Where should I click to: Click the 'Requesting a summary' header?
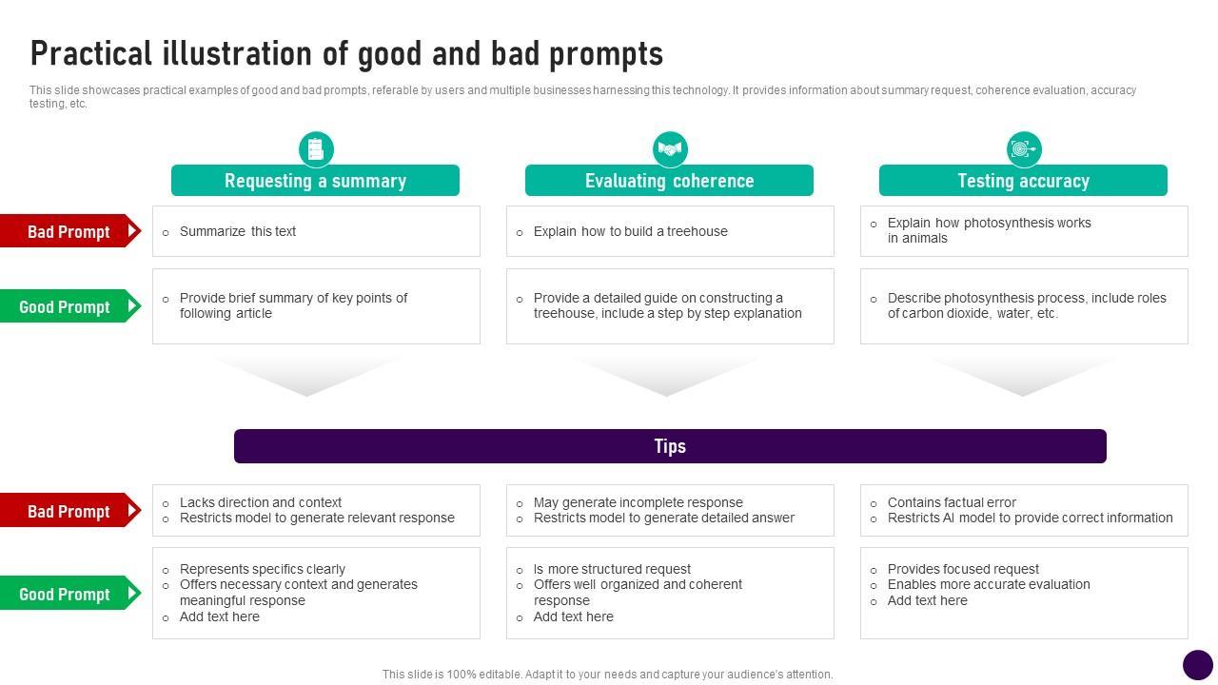click(x=315, y=181)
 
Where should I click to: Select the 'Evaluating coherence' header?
click(x=669, y=181)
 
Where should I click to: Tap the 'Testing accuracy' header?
click(x=1023, y=181)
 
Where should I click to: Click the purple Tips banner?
click(x=670, y=446)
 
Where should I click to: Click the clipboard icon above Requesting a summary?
click(x=316, y=149)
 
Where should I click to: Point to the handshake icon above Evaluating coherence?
click(x=670, y=149)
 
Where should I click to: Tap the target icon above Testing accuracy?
click(x=1024, y=149)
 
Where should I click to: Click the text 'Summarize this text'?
click(x=238, y=231)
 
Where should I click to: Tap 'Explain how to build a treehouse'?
click(x=630, y=231)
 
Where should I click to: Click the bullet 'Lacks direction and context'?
click(x=261, y=502)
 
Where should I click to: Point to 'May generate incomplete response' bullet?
click(x=638, y=502)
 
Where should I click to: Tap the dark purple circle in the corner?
click(x=1197, y=665)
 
